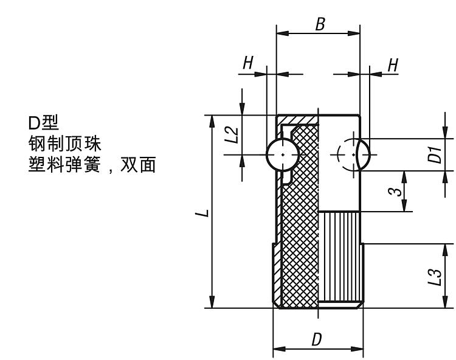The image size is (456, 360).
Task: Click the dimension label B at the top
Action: coord(320,24)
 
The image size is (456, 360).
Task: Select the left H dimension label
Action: coord(248,63)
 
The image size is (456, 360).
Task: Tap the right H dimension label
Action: coord(393,65)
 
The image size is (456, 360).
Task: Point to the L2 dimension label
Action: coord(230,134)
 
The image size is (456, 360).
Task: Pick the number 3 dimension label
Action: coord(395,192)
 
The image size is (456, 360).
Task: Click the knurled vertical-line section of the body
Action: coord(340,258)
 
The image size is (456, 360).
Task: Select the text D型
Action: coord(44,123)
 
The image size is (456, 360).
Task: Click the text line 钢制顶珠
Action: coord(64,144)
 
